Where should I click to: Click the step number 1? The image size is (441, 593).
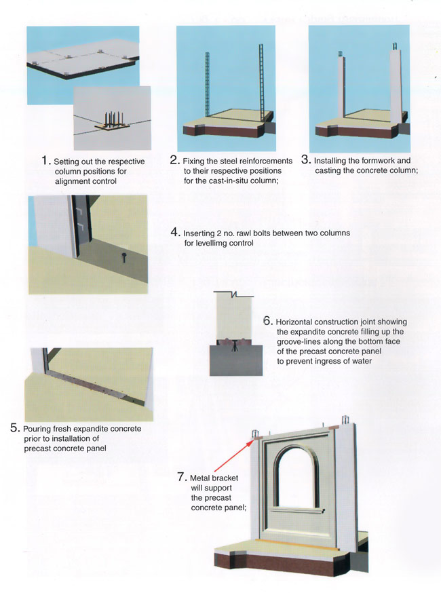(45, 160)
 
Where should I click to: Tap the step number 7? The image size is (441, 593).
(182, 477)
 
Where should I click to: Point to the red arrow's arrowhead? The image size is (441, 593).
(251, 441)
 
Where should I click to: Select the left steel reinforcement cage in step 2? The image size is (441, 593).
(207, 85)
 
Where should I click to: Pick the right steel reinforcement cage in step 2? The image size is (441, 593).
(261, 80)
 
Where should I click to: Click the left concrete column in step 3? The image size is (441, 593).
(341, 87)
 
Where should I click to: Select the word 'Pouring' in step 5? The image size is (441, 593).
(37, 429)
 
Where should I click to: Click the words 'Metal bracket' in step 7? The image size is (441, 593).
(214, 478)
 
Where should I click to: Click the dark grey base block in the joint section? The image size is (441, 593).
(236, 360)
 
